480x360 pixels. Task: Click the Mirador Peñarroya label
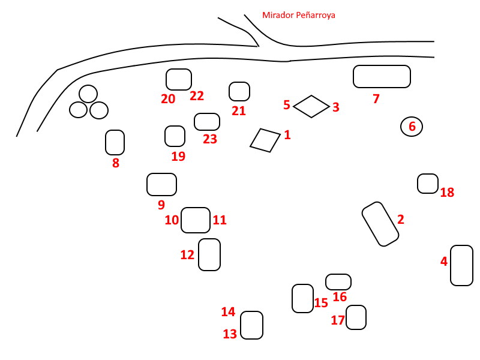(298, 15)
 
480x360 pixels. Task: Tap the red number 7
(376, 99)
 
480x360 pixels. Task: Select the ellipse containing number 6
(412, 127)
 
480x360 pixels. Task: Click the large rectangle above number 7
(382, 76)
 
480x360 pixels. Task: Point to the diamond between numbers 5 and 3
(311, 106)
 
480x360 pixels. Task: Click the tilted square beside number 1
(265, 140)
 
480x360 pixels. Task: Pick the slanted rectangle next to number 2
(380, 224)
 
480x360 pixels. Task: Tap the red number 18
(447, 193)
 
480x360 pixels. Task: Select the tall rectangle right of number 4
(461, 265)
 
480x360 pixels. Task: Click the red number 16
(340, 297)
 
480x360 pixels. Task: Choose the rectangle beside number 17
(356, 317)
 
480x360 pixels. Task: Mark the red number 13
(230, 334)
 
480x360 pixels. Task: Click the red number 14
(228, 311)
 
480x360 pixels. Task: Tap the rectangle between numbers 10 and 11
(196, 220)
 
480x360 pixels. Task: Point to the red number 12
(187, 255)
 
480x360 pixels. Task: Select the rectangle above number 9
(161, 184)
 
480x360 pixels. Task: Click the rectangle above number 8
(115, 142)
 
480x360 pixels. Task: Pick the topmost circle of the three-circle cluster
(88, 94)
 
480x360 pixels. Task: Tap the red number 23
(209, 139)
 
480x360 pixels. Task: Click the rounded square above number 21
(239, 91)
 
